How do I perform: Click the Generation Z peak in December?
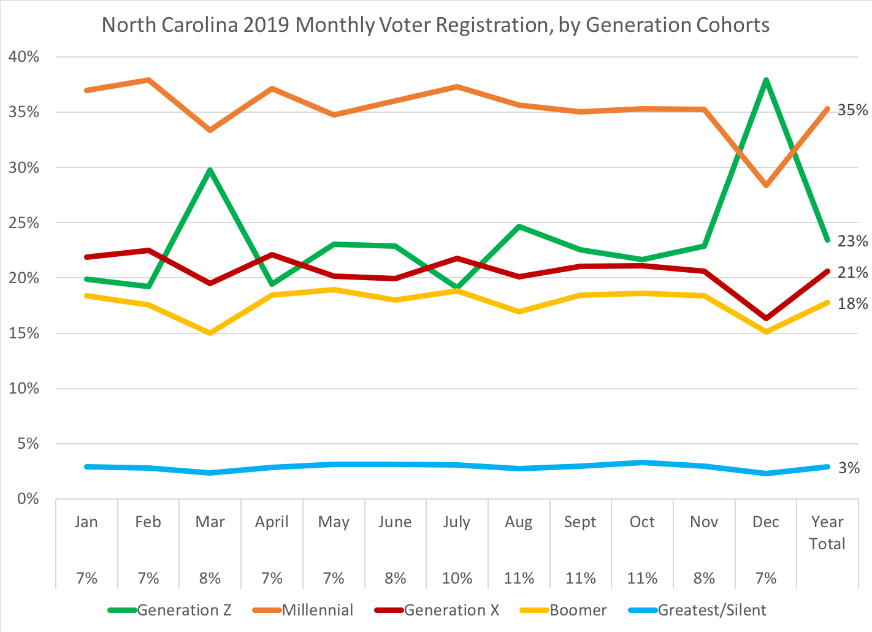[766, 80]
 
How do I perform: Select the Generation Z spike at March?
[210, 170]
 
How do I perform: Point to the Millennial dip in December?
[766, 185]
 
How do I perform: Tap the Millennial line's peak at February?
[148, 80]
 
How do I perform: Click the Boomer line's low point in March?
[210, 333]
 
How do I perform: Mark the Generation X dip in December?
[766, 318]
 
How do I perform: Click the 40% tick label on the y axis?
[24, 57]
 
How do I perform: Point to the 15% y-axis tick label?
[24, 333]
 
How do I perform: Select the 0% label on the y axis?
[28, 499]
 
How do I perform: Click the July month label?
[457, 522]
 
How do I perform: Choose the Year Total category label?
[827, 533]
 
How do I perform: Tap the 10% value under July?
[457, 578]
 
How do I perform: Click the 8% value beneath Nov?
[704, 578]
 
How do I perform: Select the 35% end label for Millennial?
[853, 110]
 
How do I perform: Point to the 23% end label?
[853, 242]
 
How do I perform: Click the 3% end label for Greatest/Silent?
[849, 468]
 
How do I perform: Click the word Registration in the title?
[485, 25]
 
